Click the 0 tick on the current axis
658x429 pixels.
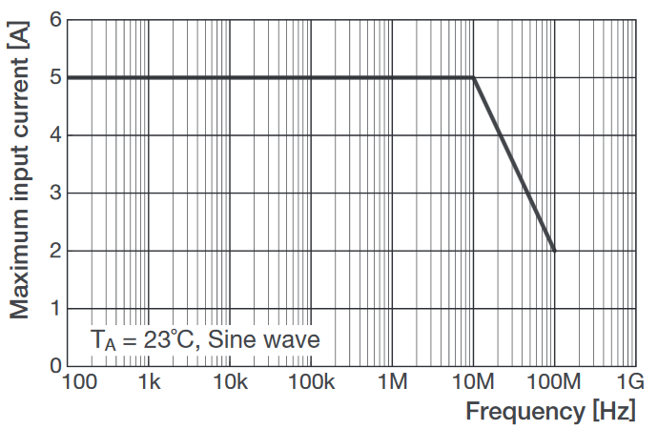click(x=55, y=367)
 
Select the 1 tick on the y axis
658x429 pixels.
click(x=55, y=309)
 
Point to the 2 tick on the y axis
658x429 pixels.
click(x=55, y=251)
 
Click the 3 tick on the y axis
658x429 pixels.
click(x=55, y=194)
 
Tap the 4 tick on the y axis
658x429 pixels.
click(x=55, y=135)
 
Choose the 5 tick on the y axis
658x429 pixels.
click(x=55, y=77)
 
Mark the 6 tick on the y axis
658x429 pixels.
click(x=55, y=20)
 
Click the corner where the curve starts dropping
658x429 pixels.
click(x=474, y=77)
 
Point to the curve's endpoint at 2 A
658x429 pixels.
click(x=554, y=251)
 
